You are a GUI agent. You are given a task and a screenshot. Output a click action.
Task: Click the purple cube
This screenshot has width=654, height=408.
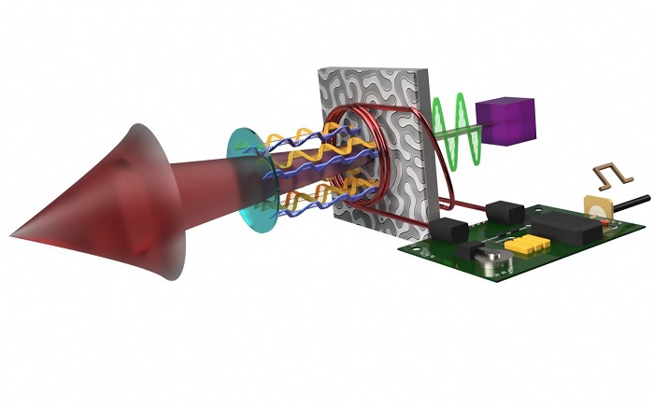(505, 122)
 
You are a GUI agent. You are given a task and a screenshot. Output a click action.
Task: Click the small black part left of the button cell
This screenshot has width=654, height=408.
(465, 251)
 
